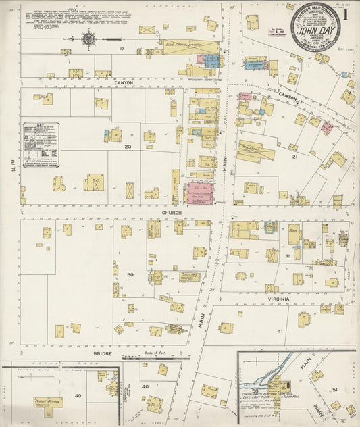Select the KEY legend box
(40, 144)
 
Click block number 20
(126, 146)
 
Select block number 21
(294, 156)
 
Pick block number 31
(288, 257)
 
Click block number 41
(280, 332)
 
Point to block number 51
(334, 391)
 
